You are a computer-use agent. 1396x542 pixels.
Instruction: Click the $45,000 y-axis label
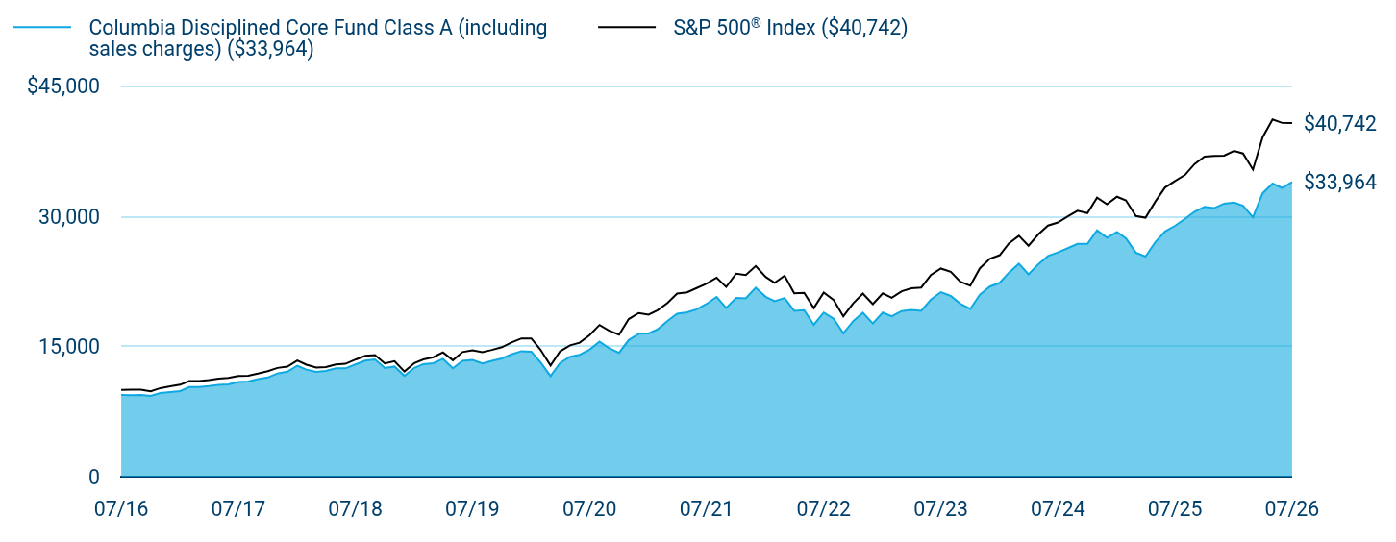pos(63,86)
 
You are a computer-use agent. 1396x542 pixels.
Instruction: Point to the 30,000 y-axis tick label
pos(69,217)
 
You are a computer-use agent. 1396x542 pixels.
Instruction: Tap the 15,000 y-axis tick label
pos(69,346)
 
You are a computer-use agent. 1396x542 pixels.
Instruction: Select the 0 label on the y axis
pos(94,478)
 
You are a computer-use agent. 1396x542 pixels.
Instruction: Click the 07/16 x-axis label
pos(121,509)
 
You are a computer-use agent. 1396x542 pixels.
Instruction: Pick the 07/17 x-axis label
pos(238,509)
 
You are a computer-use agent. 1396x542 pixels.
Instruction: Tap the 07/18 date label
pos(355,509)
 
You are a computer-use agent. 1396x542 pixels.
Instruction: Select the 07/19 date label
pos(472,509)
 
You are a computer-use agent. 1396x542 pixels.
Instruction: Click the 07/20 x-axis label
pos(589,509)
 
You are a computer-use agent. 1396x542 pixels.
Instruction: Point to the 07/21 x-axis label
pos(706,509)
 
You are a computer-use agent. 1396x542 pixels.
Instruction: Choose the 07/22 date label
pos(823,509)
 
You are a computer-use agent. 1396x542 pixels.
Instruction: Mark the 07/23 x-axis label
pos(940,509)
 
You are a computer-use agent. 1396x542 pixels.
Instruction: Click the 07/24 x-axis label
pos(1058,509)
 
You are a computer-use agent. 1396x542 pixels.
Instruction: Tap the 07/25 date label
pos(1175,509)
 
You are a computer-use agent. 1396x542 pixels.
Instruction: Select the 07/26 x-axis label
pos(1292,509)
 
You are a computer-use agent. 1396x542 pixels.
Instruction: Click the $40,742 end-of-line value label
pos(1340,123)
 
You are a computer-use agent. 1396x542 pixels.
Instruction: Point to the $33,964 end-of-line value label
pos(1340,182)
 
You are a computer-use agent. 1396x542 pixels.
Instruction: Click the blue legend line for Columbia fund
pos(42,28)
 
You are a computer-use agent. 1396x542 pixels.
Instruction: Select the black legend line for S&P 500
pos(627,28)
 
